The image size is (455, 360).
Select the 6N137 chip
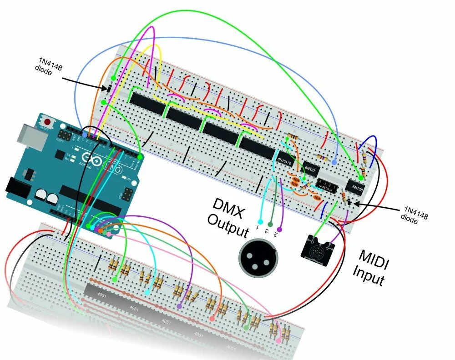tap(311, 169)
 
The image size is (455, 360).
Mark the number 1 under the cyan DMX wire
tap(258, 226)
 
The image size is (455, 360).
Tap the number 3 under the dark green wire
tap(267, 230)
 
